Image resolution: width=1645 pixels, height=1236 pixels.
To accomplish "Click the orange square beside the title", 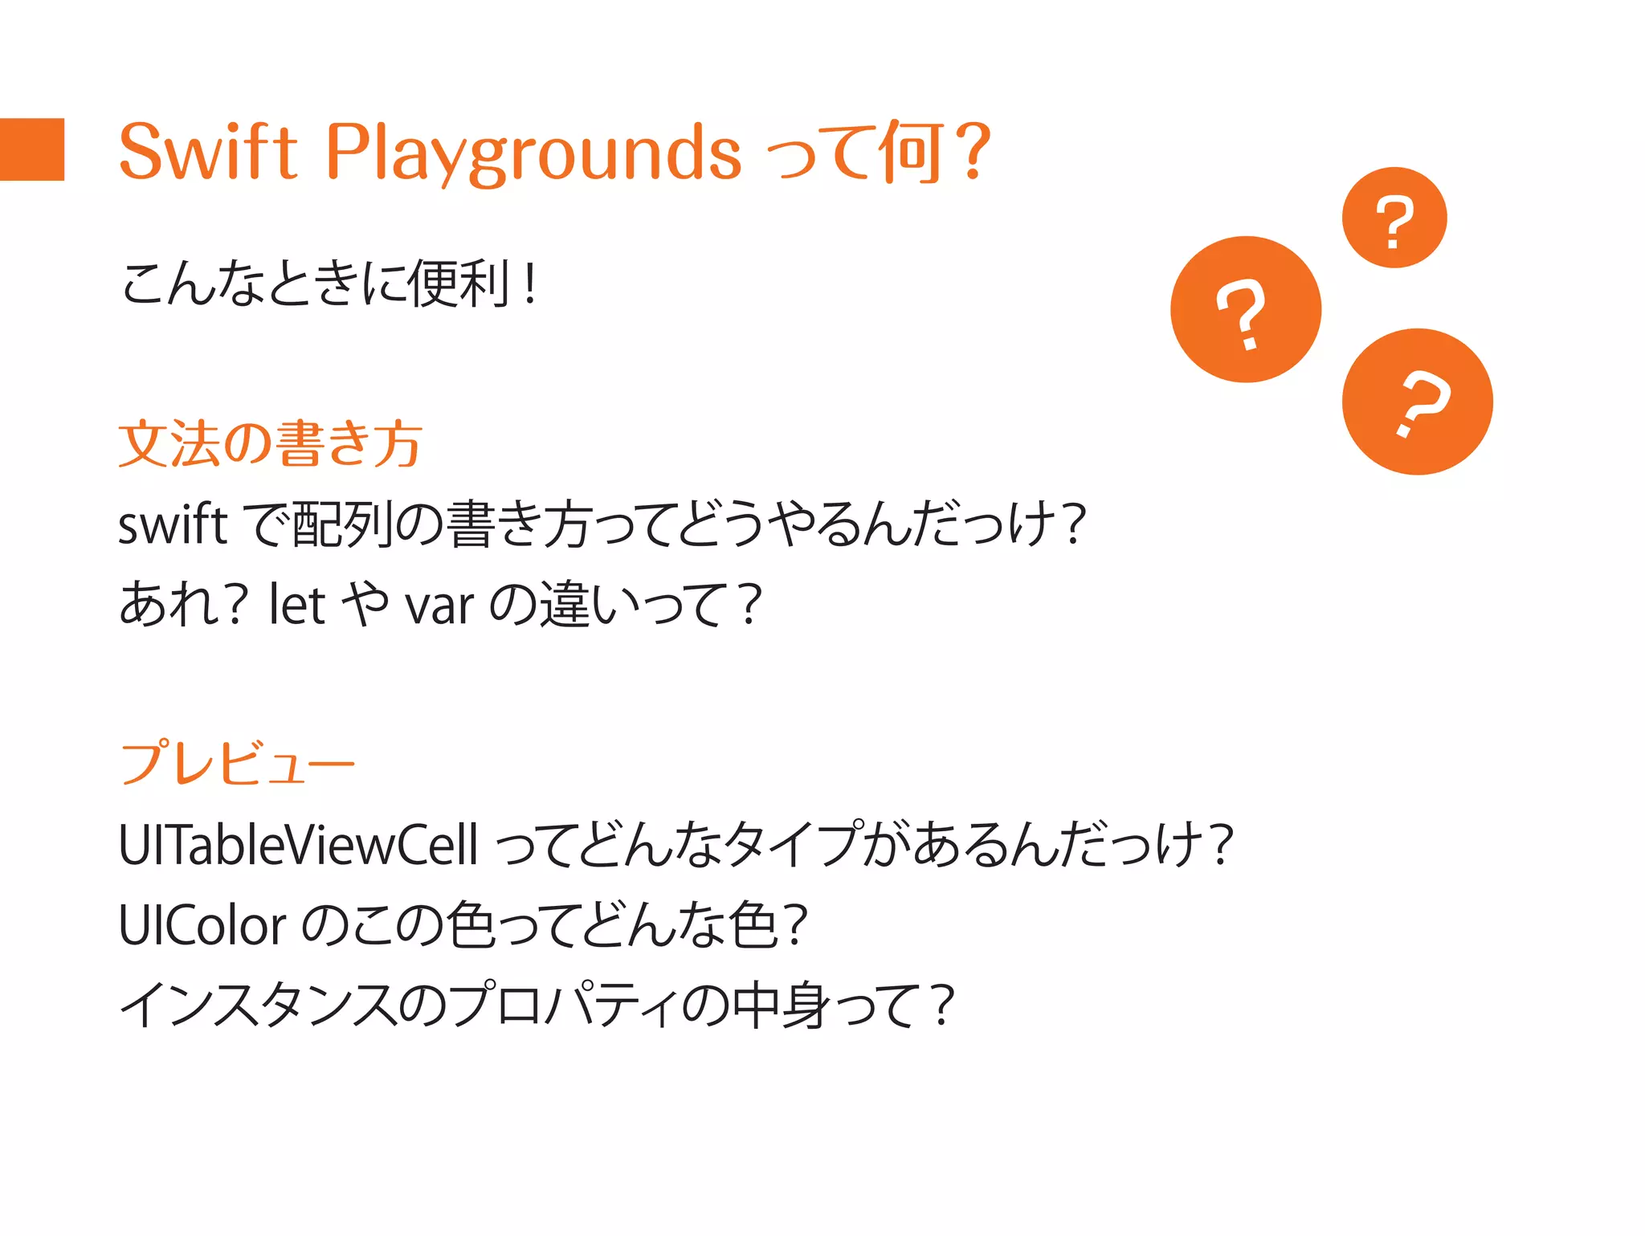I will pos(32,149).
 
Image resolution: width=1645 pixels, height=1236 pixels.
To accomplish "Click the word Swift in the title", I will pos(208,152).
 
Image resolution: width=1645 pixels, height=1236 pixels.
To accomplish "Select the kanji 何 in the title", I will pos(911,152).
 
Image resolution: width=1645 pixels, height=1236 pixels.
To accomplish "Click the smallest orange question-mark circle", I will pos(1394,218).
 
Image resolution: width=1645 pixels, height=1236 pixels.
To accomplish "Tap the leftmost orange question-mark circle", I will pos(1245,309).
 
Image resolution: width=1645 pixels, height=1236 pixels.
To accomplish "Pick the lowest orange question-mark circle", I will pos(1417,402).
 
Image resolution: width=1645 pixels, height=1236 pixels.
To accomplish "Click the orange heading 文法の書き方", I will pos(270,443).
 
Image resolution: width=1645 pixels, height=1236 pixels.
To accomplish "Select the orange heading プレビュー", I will pos(238,762).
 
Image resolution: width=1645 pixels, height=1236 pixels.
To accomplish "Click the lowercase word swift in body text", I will pos(173,524).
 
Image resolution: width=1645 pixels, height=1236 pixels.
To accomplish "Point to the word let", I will pos(296,604).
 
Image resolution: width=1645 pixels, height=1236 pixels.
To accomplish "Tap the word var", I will pos(439,606).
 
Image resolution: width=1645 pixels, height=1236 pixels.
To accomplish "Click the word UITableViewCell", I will pos(298,845).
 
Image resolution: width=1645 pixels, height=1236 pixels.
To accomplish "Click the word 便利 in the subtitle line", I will pos(459,284).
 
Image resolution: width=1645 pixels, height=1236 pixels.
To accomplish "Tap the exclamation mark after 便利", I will pos(529,284).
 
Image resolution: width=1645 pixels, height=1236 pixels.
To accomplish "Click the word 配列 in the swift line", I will pos(343,524).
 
